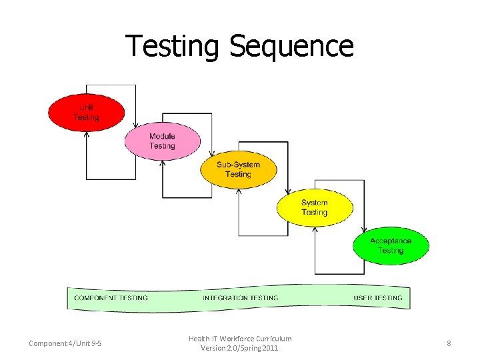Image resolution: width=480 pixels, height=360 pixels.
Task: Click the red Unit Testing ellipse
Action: tap(86, 113)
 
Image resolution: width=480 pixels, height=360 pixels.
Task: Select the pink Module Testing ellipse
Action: tap(162, 141)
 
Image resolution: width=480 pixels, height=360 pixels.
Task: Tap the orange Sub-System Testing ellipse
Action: tap(238, 169)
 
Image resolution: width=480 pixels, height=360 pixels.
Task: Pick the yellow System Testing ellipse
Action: tap(314, 207)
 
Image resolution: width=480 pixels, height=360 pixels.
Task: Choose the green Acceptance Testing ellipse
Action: tap(391, 245)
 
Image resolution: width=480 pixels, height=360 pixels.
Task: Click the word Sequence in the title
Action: tap(291, 47)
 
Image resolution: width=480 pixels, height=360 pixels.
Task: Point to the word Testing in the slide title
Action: tap(173, 47)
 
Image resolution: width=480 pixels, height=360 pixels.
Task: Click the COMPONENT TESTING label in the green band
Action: tap(111, 298)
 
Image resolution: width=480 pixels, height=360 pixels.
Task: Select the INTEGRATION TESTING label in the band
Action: tap(241, 298)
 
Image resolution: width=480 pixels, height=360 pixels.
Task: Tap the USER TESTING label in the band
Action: tap(378, 298)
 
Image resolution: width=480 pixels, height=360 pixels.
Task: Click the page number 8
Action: tap(449, 343)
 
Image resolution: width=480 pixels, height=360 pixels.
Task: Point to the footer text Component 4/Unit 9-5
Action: tap(65, 343)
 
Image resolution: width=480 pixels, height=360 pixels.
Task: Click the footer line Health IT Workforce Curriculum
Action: tap(240, 339)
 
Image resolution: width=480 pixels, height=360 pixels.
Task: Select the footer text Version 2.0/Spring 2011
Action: tap(240, 348)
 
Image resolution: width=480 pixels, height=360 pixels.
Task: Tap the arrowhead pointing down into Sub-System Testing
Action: tap(212, 153)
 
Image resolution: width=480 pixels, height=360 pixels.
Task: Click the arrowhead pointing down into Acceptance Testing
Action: tap(365, 229)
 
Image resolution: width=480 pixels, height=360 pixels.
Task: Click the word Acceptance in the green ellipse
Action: tap(391, 241)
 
